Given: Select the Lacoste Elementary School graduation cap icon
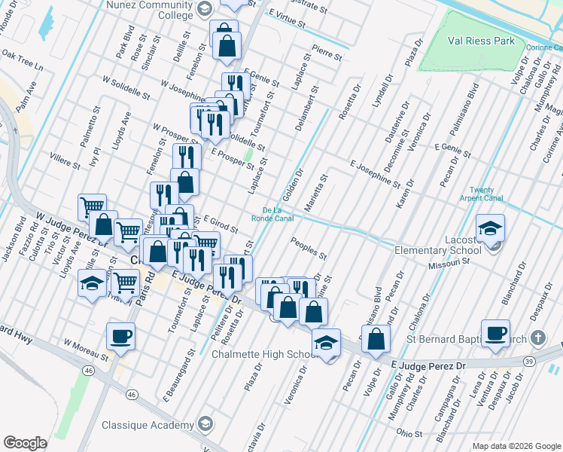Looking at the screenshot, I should pyautogui.click(x=490, y=228).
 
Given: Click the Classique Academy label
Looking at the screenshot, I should pyautogui.click(x=148, y=424).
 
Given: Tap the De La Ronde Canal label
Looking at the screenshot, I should pyautogui.click(x=277, y=214).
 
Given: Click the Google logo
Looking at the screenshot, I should pyautogui.click(x=25, y=443).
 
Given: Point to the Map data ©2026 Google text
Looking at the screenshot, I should pyautogui.click(x=516, y=446).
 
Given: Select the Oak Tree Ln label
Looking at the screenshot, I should pyautogui.click(x=23, y=60).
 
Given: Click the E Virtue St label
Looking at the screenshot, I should pyautogui.click(x=286, y=18).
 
